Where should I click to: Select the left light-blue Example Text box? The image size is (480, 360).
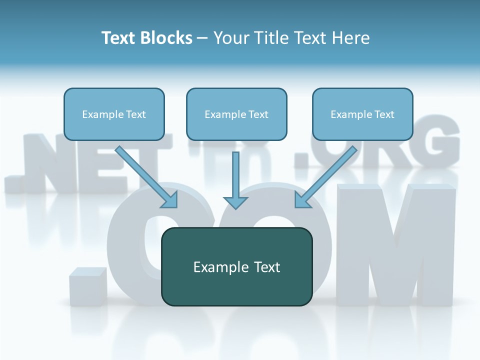(114, 114)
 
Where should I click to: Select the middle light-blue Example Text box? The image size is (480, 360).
(236, 114)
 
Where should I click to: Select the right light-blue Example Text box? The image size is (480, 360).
(362, 114)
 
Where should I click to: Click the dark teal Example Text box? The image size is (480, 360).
(236, 266)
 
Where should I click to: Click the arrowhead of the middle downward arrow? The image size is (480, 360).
(235, 202)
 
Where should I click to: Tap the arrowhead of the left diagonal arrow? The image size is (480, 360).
(171, 200)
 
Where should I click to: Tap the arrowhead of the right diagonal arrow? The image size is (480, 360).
(301, 200)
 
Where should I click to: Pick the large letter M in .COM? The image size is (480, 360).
(395, 245)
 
